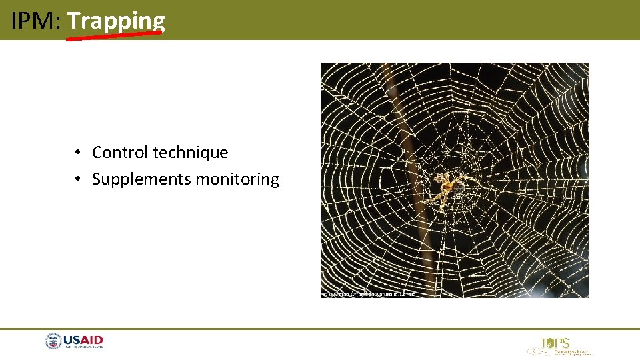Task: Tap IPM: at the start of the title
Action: tap(36, 21)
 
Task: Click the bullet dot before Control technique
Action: tap(78, 153)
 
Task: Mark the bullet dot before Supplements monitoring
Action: tap(78, 179)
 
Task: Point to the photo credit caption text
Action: tap(369, 293)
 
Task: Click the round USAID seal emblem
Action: tap(53, 342)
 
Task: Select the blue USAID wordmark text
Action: tap(83, 341)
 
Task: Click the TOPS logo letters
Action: tap(556, 343)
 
